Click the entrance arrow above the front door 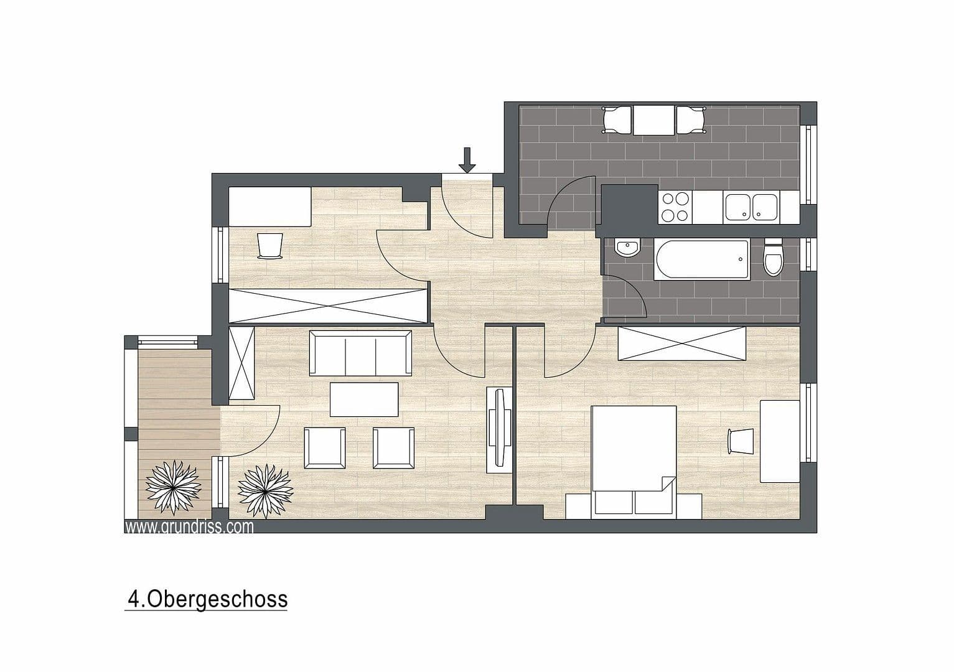(467, 160)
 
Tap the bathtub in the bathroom (701, 259)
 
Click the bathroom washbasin (626, 249)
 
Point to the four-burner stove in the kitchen (675, 207)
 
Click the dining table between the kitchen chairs (654, 120)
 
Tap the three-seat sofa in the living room (361, 353)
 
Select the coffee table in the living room (364, 399)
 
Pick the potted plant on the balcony (173, 487)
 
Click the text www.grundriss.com (189, 527)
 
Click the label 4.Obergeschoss (207, 599)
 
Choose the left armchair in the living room (324, 448)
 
